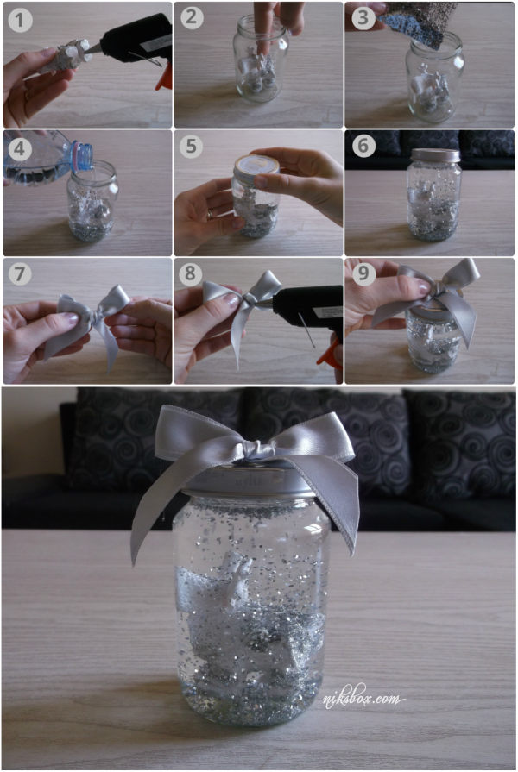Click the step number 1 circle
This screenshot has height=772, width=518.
(20, 20)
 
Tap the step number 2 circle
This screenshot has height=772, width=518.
(192, 18)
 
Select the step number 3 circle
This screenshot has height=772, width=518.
(363, 18)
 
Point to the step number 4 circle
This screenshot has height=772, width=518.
(20, 148)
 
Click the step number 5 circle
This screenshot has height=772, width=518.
(192, 147)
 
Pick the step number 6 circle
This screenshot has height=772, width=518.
(363, 146)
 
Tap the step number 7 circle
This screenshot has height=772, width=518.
(20, 273)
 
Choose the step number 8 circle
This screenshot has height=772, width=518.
(191, 273)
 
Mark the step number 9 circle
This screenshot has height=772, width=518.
(363, 273)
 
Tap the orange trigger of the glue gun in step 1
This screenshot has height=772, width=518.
(165, 77)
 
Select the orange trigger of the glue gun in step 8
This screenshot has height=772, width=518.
(330, 351)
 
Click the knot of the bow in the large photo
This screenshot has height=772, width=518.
(256, 450)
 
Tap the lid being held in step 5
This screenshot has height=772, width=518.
(256, 165)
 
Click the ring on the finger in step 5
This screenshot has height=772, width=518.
(211, 214)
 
